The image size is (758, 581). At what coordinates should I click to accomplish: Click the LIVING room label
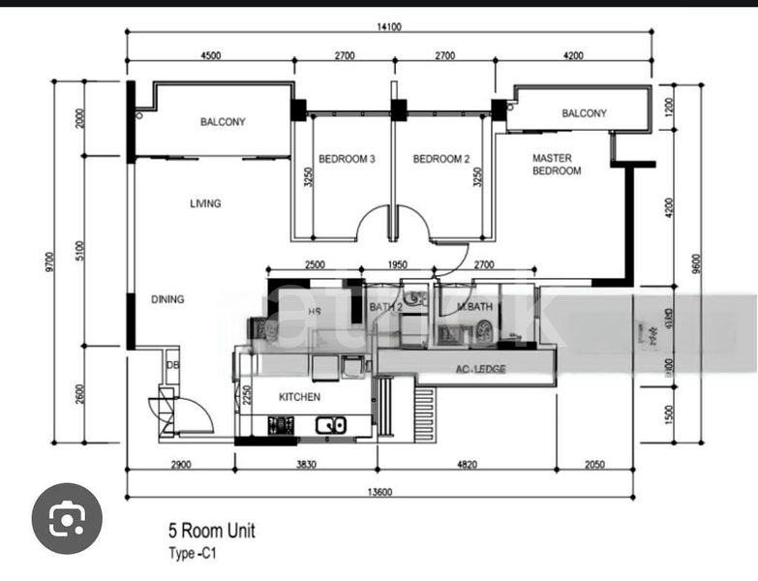205,203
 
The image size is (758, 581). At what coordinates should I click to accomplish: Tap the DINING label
167,299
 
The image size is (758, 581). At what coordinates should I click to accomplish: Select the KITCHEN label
299,397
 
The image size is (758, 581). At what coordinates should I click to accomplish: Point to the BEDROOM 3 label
347,159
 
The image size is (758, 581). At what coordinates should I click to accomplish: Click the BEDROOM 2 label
441,159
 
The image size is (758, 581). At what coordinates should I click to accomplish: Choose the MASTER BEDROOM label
556,164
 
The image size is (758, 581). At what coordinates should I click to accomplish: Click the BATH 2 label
384,308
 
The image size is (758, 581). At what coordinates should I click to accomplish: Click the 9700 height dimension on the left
48,260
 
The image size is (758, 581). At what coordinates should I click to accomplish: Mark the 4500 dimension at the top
210,55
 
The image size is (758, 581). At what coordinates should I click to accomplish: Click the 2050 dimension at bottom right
594,465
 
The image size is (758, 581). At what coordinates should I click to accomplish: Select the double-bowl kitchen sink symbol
331,424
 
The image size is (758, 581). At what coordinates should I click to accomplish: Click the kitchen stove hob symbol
281,424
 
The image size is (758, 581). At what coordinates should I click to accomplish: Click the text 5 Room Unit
212,531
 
